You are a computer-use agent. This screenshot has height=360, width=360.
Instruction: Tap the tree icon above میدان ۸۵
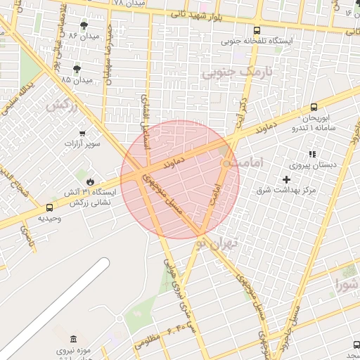coord(77,68)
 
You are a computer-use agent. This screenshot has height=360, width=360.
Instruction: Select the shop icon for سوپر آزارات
coord(82,133)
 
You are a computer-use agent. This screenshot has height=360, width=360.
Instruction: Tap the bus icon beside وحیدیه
coord(49,207)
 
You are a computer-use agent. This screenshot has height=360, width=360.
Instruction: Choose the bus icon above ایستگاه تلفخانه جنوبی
coord(257,30)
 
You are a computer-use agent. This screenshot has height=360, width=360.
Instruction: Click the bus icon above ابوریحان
coord(314,108)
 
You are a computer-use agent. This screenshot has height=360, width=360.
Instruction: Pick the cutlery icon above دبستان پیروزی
coord(312,153)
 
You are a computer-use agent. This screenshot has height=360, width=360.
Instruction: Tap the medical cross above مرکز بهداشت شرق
coord(286,179)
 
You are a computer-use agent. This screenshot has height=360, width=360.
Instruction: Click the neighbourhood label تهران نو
coord(218,244)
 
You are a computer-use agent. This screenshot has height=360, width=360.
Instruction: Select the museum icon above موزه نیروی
coord(74,340)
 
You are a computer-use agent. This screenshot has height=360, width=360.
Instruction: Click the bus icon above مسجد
coord(356,345)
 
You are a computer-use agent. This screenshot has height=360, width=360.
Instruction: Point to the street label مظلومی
coord(146,342)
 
